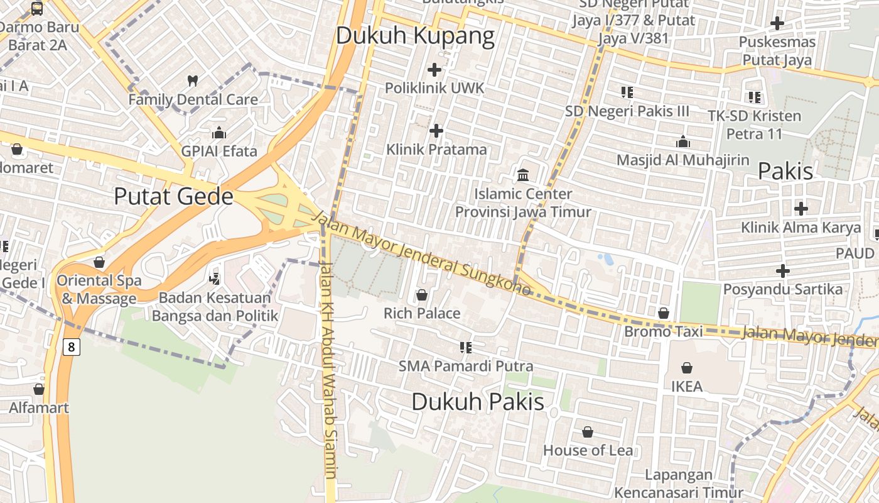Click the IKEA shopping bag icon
(687, 368)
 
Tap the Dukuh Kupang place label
(415, 36)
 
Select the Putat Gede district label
(173, 197)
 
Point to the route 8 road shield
(72, 346)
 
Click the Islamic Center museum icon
(523, 175)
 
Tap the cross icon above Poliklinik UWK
(434, 69)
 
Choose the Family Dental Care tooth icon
(193, 80)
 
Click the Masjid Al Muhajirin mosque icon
(683, 142)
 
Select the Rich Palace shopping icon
(422, 295)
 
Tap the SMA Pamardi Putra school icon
(466, 347)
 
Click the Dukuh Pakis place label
(478, 402)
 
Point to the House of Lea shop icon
(588, 432)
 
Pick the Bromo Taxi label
(656, 331)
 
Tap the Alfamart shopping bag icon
(39, 389)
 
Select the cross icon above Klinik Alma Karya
(801, 209)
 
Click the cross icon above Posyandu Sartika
(782, 271)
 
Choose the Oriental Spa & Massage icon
(99, 262)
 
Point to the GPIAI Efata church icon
(218, 133)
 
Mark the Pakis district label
(785, 171)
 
